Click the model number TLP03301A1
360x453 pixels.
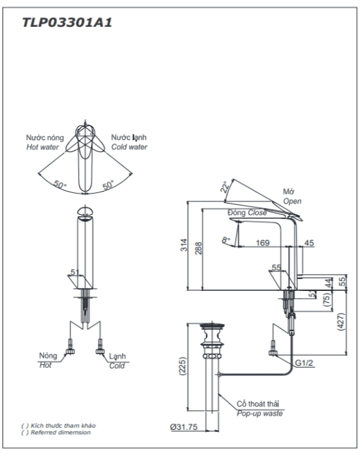click(x=67, y=23)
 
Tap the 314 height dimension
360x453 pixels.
click(x=184, y=244)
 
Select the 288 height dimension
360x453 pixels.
click(x=198, y=248)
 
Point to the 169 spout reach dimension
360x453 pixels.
click(x=263, y=242)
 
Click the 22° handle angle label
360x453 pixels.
click(x=225, y=187)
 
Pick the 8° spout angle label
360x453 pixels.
click(x=226, y=240)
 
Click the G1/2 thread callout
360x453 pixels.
click(x=304, y=363)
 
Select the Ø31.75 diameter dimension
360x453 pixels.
click(x=184, y=427)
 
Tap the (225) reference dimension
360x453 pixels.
click(x=183, y=366)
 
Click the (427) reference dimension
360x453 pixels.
click(x=341, y=321)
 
